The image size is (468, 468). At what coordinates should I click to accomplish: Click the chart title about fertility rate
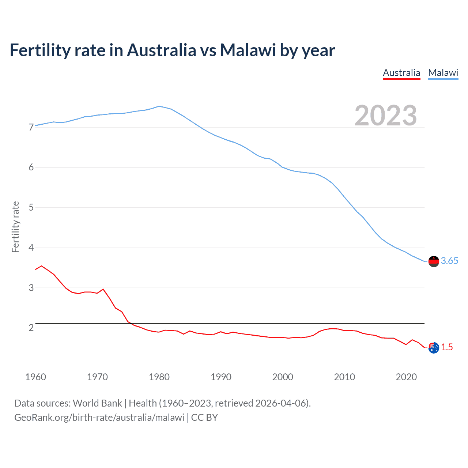tap(172, 50)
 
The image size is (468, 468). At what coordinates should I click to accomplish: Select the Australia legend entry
tap(401, 73)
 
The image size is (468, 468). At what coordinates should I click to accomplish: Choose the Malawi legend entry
tap(443, 73)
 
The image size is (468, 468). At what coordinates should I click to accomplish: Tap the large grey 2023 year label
tap(386, 116)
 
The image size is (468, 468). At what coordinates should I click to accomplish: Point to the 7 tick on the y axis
tap(31, 127)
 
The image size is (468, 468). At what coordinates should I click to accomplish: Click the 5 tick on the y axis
tap(31, 208)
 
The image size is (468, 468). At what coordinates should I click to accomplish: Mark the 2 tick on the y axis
tap(31, 328)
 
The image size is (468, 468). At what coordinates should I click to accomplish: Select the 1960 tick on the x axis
tap(35, 377)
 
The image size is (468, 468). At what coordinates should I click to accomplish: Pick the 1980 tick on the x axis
tap(159, 377)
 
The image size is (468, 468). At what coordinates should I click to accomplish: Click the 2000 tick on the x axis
tap(283, 377)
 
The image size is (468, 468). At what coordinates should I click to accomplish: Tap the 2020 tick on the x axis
tap(406, 377)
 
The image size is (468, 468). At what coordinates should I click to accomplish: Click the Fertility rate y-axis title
tap(15, 227)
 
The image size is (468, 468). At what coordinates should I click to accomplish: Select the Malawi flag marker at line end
tap(434, 261)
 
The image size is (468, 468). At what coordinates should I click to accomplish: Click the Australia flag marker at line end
tap(434, 348)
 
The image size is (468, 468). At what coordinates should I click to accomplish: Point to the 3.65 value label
tap(449, 261)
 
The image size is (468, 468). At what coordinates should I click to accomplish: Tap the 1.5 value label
tap(447, 347)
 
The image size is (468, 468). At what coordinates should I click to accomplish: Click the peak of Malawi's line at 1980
tap(159, 106)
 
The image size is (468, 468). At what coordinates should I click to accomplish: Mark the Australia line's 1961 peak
tap(41, 266)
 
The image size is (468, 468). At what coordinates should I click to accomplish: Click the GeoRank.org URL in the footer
tap(99, 418)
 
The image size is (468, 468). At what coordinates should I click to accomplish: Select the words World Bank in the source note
tap(97, 403)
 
